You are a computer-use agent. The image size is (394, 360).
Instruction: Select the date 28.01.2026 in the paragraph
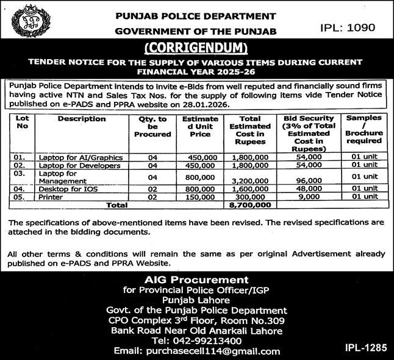point(216,104)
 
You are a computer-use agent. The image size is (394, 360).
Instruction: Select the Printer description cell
point(51,197)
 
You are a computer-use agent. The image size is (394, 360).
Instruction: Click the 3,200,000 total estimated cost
point(253,181)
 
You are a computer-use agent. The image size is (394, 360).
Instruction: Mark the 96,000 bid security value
point(309,181)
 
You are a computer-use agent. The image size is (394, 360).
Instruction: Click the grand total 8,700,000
point(253,206)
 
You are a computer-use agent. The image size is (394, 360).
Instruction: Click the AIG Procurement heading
point(196,279)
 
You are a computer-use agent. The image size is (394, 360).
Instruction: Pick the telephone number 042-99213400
point(196,341)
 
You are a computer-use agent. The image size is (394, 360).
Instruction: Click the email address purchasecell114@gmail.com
point(196,351)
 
